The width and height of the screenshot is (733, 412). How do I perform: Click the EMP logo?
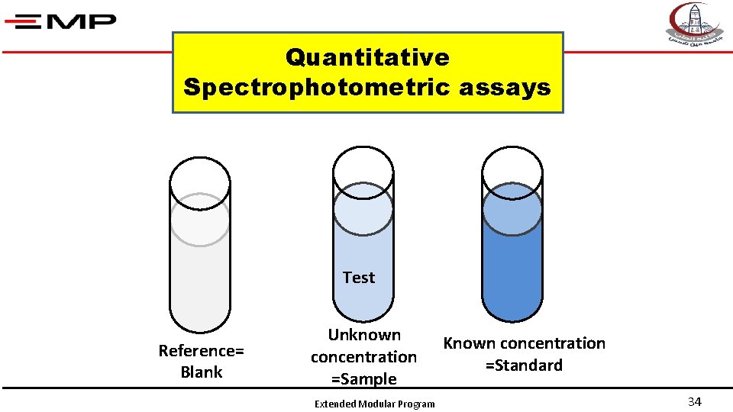[x=60, y=21]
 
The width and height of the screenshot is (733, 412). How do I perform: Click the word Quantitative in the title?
[x=367, y=57]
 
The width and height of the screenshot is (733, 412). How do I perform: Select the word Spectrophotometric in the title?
[x=318, y=88]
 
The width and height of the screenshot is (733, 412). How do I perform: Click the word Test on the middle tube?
[x=359, y=278]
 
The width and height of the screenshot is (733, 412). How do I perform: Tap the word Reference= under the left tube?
[x=201, y=351]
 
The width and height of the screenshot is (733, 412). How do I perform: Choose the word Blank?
[x=201, y=372]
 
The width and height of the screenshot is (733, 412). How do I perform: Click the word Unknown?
[x=364, y=335]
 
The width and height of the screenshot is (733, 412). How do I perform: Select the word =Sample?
[x=364, y=379]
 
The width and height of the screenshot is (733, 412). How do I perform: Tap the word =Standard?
[x=524, y=365]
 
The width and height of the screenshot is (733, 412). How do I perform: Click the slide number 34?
[x=694, y=402]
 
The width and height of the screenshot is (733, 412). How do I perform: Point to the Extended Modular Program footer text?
[x=375, y=404]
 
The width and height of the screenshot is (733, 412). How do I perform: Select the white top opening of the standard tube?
[x=512, y=168]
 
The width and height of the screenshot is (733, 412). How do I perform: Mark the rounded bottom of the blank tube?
[x=199, y=320]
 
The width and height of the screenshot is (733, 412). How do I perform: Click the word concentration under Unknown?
[x=364, y=357]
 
